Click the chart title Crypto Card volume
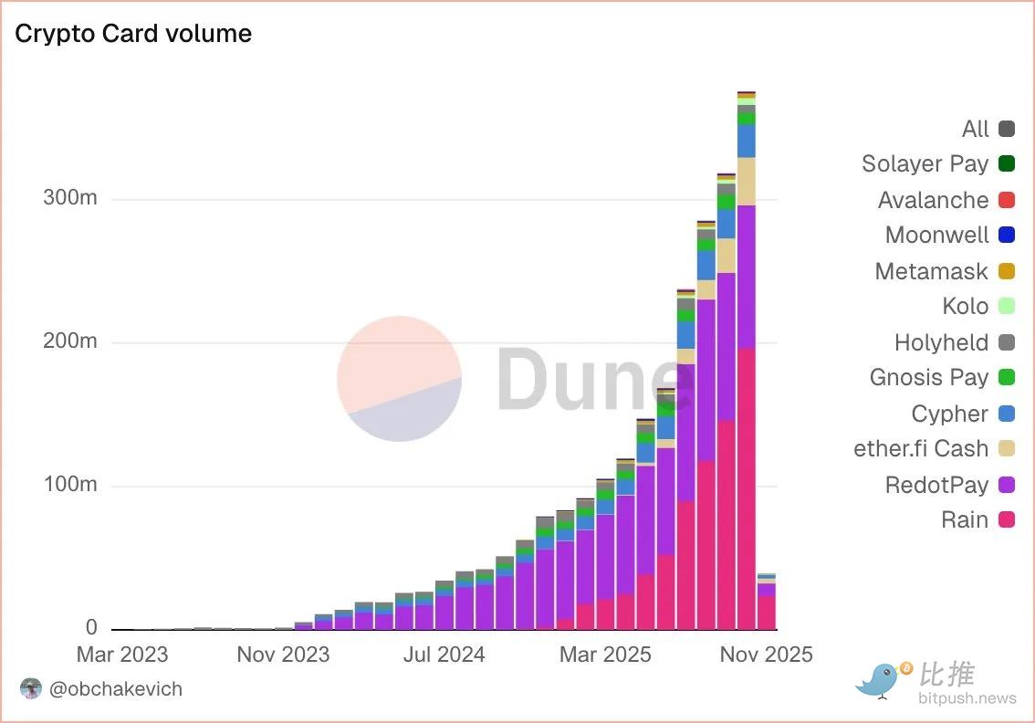coord(133,34)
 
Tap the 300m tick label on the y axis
coord(70,198)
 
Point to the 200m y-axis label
coord(70,341)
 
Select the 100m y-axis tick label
coord(70,485)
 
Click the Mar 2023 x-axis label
coord(122,655)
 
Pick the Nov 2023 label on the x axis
coord(283,655)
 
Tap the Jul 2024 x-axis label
coord(444,655)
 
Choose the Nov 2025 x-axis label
coord(766,655)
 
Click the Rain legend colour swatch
coord(1007,520)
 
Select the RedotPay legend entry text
coord(936,485)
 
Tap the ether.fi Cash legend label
coord(921,449)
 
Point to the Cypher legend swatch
coord(1007,414)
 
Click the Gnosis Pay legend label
coord(929,378)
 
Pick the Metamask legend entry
coord(931,271)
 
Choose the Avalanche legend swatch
coord(1007,200)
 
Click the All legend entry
coord(976,129)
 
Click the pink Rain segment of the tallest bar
coord(746,488)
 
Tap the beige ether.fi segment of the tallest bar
coord(746,181)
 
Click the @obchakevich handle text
coord(116,689)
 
